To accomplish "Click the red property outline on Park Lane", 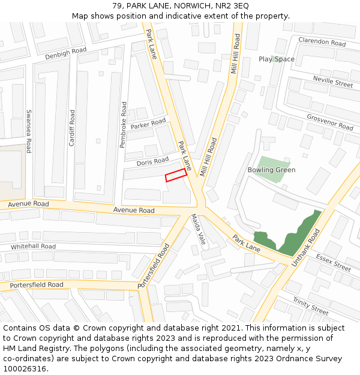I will tap(176, 175).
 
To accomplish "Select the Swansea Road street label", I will tap(28, 131).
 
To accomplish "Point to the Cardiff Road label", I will tap(72, 128).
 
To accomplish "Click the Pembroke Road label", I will tap(124, 125).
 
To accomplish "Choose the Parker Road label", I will tap(148, 124).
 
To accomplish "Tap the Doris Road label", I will tap(152, 161).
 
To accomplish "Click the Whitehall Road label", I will tap(33, 247).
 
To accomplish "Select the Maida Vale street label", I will tap(199, 230).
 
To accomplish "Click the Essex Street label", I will tap(333, 263).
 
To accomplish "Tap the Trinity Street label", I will tap(311, 305).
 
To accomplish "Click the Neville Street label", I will tap(333, 82).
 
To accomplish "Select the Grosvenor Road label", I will tap(330, 122).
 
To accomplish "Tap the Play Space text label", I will tap(277, 59).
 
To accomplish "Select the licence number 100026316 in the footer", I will tap(26, 368).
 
